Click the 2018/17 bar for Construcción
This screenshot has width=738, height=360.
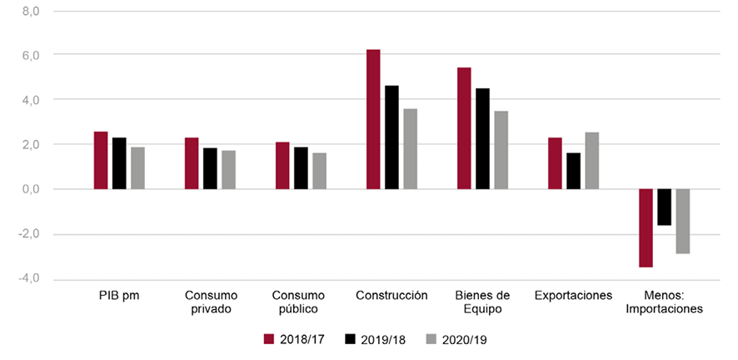click(x=373, y=119)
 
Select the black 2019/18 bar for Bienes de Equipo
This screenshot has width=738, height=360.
click(x=482, y=138)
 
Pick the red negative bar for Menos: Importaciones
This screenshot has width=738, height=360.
click(x=646, y=227)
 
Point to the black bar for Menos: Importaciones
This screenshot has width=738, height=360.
click(x=664, y=207)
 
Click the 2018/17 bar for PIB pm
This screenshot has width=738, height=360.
click(x=101, y=160)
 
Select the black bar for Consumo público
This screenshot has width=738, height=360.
click(x=301, y=168)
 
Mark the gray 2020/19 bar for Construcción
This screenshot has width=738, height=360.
click(x=410, y=149)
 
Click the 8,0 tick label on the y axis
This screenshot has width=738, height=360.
click(x=31, y=12)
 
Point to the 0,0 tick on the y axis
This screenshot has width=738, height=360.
click(x=31, y=189)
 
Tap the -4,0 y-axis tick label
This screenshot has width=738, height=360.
click(x=29, y=278)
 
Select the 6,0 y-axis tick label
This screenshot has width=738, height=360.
click(x=31, y=55)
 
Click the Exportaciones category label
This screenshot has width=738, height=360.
click(x=573, y=296)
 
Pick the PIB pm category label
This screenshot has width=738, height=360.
click(x=119, y=296)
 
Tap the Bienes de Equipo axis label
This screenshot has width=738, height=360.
click(x=482, y=302)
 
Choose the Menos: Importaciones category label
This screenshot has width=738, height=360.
click(x=664, y=302)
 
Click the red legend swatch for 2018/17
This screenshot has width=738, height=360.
click(x=268, y=338)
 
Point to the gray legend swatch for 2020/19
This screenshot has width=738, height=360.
click(x=431, y=338)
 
